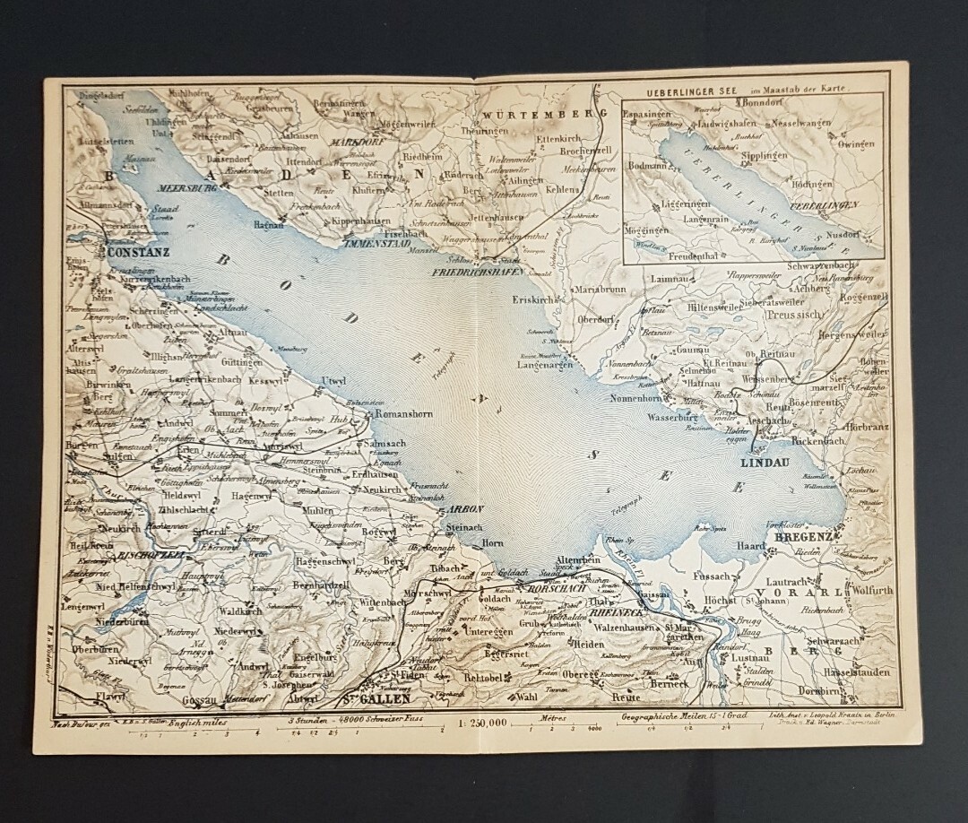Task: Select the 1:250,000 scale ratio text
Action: pos(481,720)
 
